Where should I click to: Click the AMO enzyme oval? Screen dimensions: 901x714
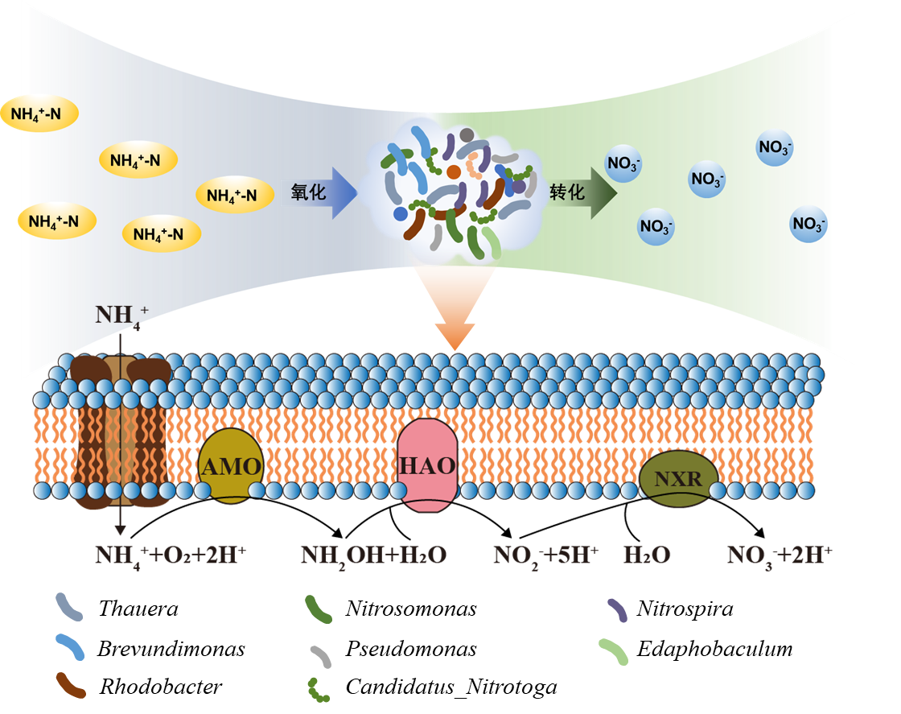[x=230, y=465]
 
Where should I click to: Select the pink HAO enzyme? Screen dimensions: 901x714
[x=427, y=465]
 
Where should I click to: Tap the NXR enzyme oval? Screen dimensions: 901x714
[x=679, y=478]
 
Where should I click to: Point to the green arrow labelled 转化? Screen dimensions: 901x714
[x=582, y=192]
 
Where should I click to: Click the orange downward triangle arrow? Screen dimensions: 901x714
[x=455, y=307]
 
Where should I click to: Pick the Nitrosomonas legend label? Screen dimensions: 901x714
[x=411, y=609]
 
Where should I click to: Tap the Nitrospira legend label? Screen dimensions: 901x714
[x=685, y=609]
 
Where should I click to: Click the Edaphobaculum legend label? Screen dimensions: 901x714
[x=714, y=649]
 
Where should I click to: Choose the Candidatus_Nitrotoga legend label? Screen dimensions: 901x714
[x=451, y=687]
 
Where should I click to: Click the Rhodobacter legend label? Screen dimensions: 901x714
[x=160, y=686]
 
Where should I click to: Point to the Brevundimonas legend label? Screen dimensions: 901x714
[x=171, y=649]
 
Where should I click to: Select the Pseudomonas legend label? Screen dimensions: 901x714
[x=411, y=649]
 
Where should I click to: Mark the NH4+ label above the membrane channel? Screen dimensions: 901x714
[x=121, y=317]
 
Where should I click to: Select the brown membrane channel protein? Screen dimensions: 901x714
[x=120, y=432]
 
